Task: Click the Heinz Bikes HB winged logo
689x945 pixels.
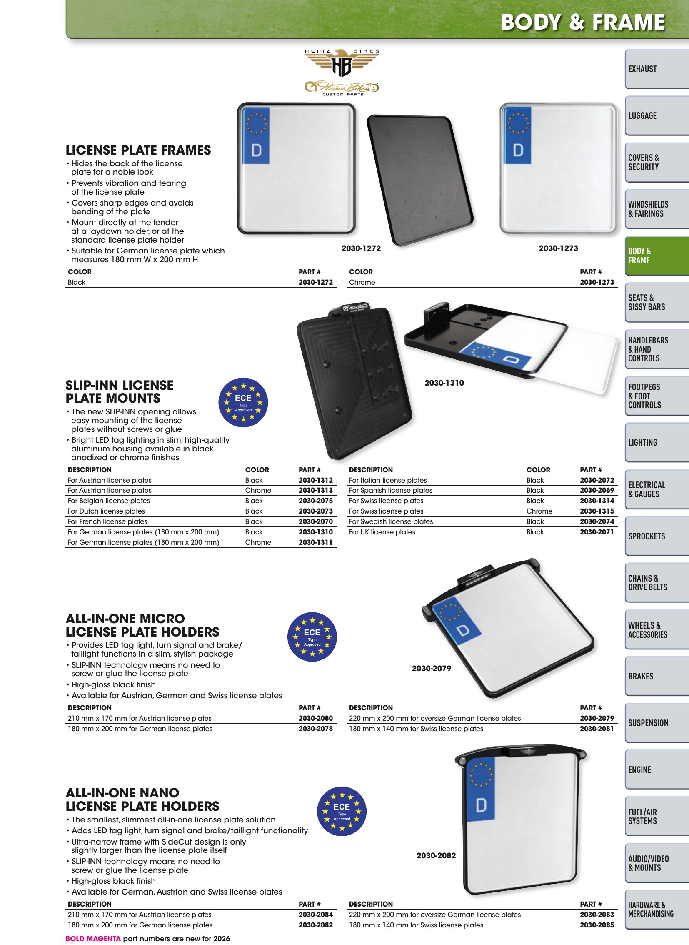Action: tap(342, 63)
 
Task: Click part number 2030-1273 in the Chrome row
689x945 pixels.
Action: tap(597, 282)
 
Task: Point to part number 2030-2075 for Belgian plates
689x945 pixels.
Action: tap(316, 501)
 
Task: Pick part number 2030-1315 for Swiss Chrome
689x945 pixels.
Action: tap(597, 511)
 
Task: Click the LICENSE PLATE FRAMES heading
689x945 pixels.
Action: tap(138, 150)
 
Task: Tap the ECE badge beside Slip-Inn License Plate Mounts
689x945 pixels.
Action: tap(243, 402)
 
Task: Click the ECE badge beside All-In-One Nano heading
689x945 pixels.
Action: tap(342, 811)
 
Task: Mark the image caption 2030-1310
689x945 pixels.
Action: tap(444, 383)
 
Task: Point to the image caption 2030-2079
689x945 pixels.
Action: tap(432, 668)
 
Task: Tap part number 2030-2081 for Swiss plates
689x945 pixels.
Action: tap(597, 728)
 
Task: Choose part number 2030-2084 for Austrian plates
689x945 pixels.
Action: tap(316, 915)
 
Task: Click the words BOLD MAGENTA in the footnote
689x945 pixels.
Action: tap(93, 939)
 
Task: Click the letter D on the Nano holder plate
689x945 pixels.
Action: tap(481, 806)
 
